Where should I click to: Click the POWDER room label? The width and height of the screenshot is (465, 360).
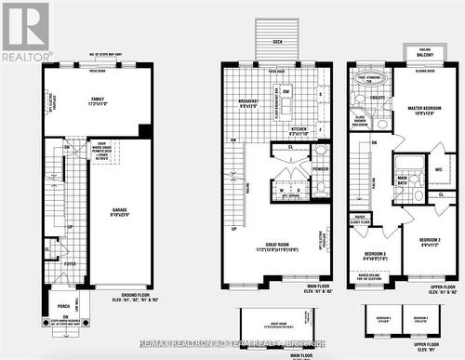click(321, 169)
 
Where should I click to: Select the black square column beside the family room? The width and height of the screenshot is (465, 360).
click(144, 131)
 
